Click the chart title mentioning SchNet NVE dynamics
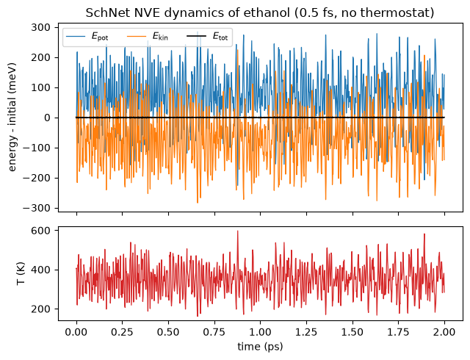pos(260,13)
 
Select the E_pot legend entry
pos(87,36)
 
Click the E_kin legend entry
pos(148,36)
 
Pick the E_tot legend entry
pos(207,36)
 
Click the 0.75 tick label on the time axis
pos(214,332)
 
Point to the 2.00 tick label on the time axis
pos(444,332)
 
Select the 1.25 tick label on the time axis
pos(306,332)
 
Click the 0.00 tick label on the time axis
pos(76,332)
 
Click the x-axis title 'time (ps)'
pos(260,347)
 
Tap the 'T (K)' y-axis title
pos(21,273)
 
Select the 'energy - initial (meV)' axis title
pos(12,118)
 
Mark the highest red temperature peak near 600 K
pos(238,231)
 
